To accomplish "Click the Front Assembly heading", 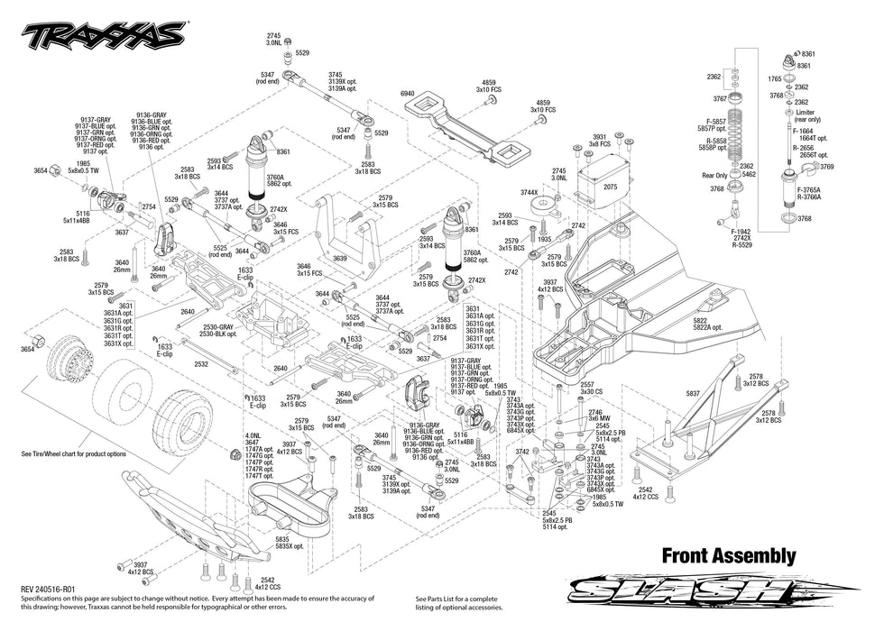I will click(729, 555).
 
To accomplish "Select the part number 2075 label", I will click(610, 187).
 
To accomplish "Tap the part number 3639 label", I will click(339, 259).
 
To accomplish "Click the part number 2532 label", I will click(200, 364).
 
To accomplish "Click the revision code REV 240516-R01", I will click(52, 587).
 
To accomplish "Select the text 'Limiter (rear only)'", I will click(808, 115).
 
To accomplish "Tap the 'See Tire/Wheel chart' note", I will click(73, 454).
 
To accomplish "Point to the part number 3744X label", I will click(529, 193).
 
